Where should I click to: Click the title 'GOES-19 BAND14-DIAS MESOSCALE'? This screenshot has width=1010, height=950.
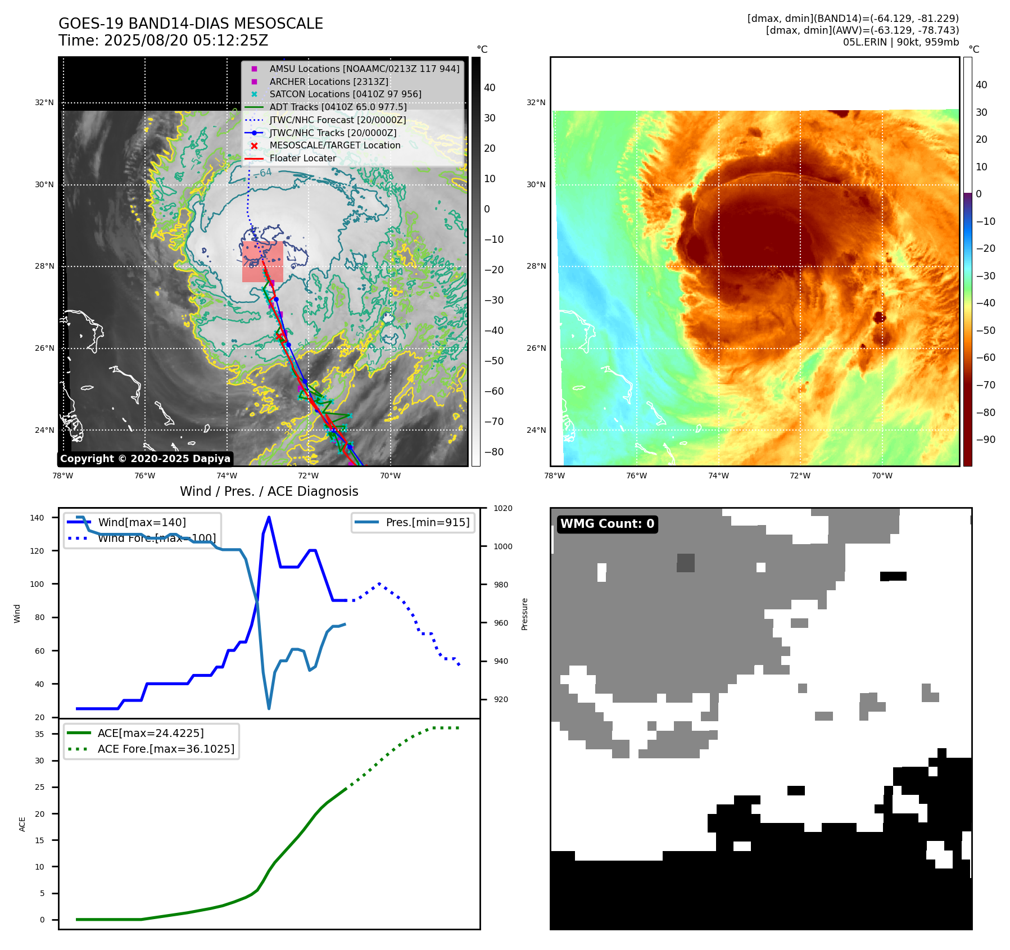pyautogui.click(x=191, y=24)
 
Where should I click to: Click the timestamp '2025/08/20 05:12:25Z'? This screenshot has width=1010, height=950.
pyautogui.click(x=186, y=41)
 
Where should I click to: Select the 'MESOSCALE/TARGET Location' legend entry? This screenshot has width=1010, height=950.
pyautogui.click(x=334, y=146)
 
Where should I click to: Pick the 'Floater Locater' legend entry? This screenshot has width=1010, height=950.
pyautogui.click(x=302, y=159)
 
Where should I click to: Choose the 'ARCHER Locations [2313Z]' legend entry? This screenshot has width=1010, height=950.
pyautogui.click(x=328, y=82)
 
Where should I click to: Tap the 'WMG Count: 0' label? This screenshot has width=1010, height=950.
pyautogui.click(x=607, y=524)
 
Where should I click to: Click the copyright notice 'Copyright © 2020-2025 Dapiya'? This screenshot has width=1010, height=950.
pyautogui.click(x=145, y=459)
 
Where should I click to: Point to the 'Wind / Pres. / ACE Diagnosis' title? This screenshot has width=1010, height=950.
pyautogui.click(x=269, y=491)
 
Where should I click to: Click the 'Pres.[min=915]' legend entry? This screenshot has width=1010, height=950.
pyautogui.click(x=427, y=522)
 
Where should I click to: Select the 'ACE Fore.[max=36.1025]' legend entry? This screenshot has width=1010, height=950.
pyautogui.click(x=166, y=749)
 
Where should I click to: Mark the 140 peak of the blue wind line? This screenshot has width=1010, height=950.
pyautogui.click(x=269, y=517)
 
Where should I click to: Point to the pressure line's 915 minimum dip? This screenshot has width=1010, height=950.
pyautogui.click(x=269, y=708)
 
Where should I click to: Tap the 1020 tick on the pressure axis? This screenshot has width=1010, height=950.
pyautogui.click(x=502, y=508)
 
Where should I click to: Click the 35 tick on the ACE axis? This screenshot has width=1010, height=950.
pyautogui.click(x=39, y=734)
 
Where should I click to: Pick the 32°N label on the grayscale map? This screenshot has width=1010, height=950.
pyautogui.click(x=44, y=103)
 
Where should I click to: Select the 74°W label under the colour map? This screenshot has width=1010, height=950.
pyautogui.click(x=718, y=476)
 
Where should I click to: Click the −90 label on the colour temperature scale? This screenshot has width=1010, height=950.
pyautogui.click(x=986, y=440)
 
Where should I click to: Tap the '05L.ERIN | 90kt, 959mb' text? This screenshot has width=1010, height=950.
pyautogui.click(x=900, y=42)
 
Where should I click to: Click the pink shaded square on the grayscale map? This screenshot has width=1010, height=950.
pyautogui.click(x=262, y=261)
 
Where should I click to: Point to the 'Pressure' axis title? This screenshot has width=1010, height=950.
pyautogui.click(x=524, y=613)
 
